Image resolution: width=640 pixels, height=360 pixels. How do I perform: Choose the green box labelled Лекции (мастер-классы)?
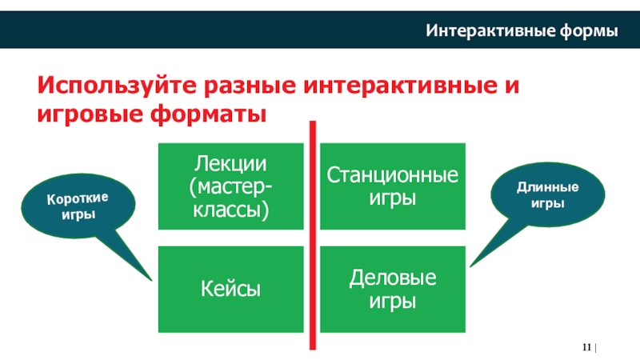[x=231, y=186]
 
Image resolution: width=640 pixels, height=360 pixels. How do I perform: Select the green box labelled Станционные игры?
[x=392, y=186]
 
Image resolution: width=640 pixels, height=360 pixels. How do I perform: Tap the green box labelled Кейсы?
[x=231, y=289]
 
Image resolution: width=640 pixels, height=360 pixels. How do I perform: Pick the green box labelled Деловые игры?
[x=392, y=289]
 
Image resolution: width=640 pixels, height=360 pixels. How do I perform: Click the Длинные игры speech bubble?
[x=546, y=196]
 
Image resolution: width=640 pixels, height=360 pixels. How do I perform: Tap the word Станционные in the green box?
[x=392, y=175]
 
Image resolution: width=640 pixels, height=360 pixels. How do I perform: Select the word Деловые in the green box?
[x=392, y=278]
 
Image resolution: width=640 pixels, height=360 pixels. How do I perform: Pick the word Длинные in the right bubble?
[x=547, y=188]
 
